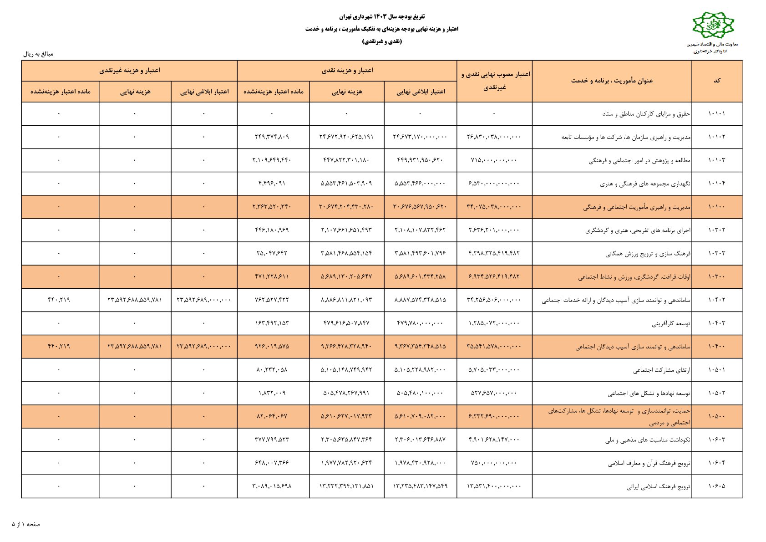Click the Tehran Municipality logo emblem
coord(713,26)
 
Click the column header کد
coord(717,81)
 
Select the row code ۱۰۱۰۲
coord(716,137)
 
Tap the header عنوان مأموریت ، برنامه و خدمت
coord(612,81)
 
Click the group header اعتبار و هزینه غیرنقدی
coord(129,71)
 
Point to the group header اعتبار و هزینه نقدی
coord(347,71)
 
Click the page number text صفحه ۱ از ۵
coord(26,524)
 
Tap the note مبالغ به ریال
coord(38,54)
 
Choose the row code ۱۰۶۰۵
coord(716,486)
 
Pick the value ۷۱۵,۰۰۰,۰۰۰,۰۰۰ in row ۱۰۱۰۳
coord(494,160)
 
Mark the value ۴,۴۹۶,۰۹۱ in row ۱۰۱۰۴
coord(272,184)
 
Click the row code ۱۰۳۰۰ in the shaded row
coord(716,276)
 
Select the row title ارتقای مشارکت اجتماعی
coord(661,370)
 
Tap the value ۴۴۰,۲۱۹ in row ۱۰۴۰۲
coord(59,300)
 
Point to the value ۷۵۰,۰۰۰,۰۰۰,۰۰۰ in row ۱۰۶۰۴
coord(494,463)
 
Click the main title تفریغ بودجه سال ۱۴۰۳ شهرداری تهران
coord(382,17)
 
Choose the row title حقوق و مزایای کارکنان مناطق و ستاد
coord(646,114)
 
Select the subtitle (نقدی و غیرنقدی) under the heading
coord(382,41)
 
